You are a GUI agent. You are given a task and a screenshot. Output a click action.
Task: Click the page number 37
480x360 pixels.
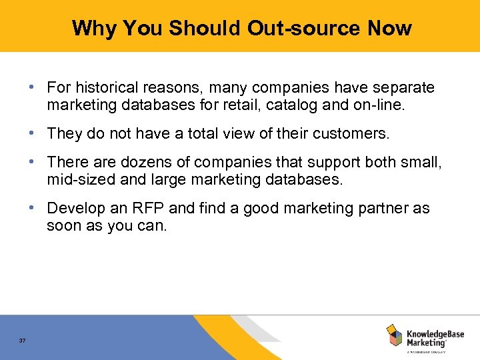click(x=23, y=341)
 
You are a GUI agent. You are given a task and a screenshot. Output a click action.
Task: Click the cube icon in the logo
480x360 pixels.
click(x=394, y=335)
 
